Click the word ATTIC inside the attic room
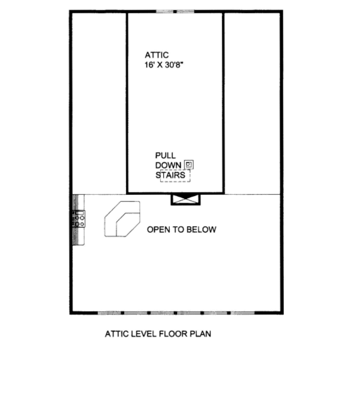(156, 55)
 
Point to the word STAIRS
(170, 175)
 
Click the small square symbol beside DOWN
(189, 164)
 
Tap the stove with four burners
(80, 219)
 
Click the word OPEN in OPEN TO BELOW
(159, 229)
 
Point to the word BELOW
(203, 229)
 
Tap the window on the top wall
(175, 11)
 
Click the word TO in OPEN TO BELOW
(180, 229)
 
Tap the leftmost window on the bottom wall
(110, 312)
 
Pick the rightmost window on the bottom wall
(243, 312)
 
